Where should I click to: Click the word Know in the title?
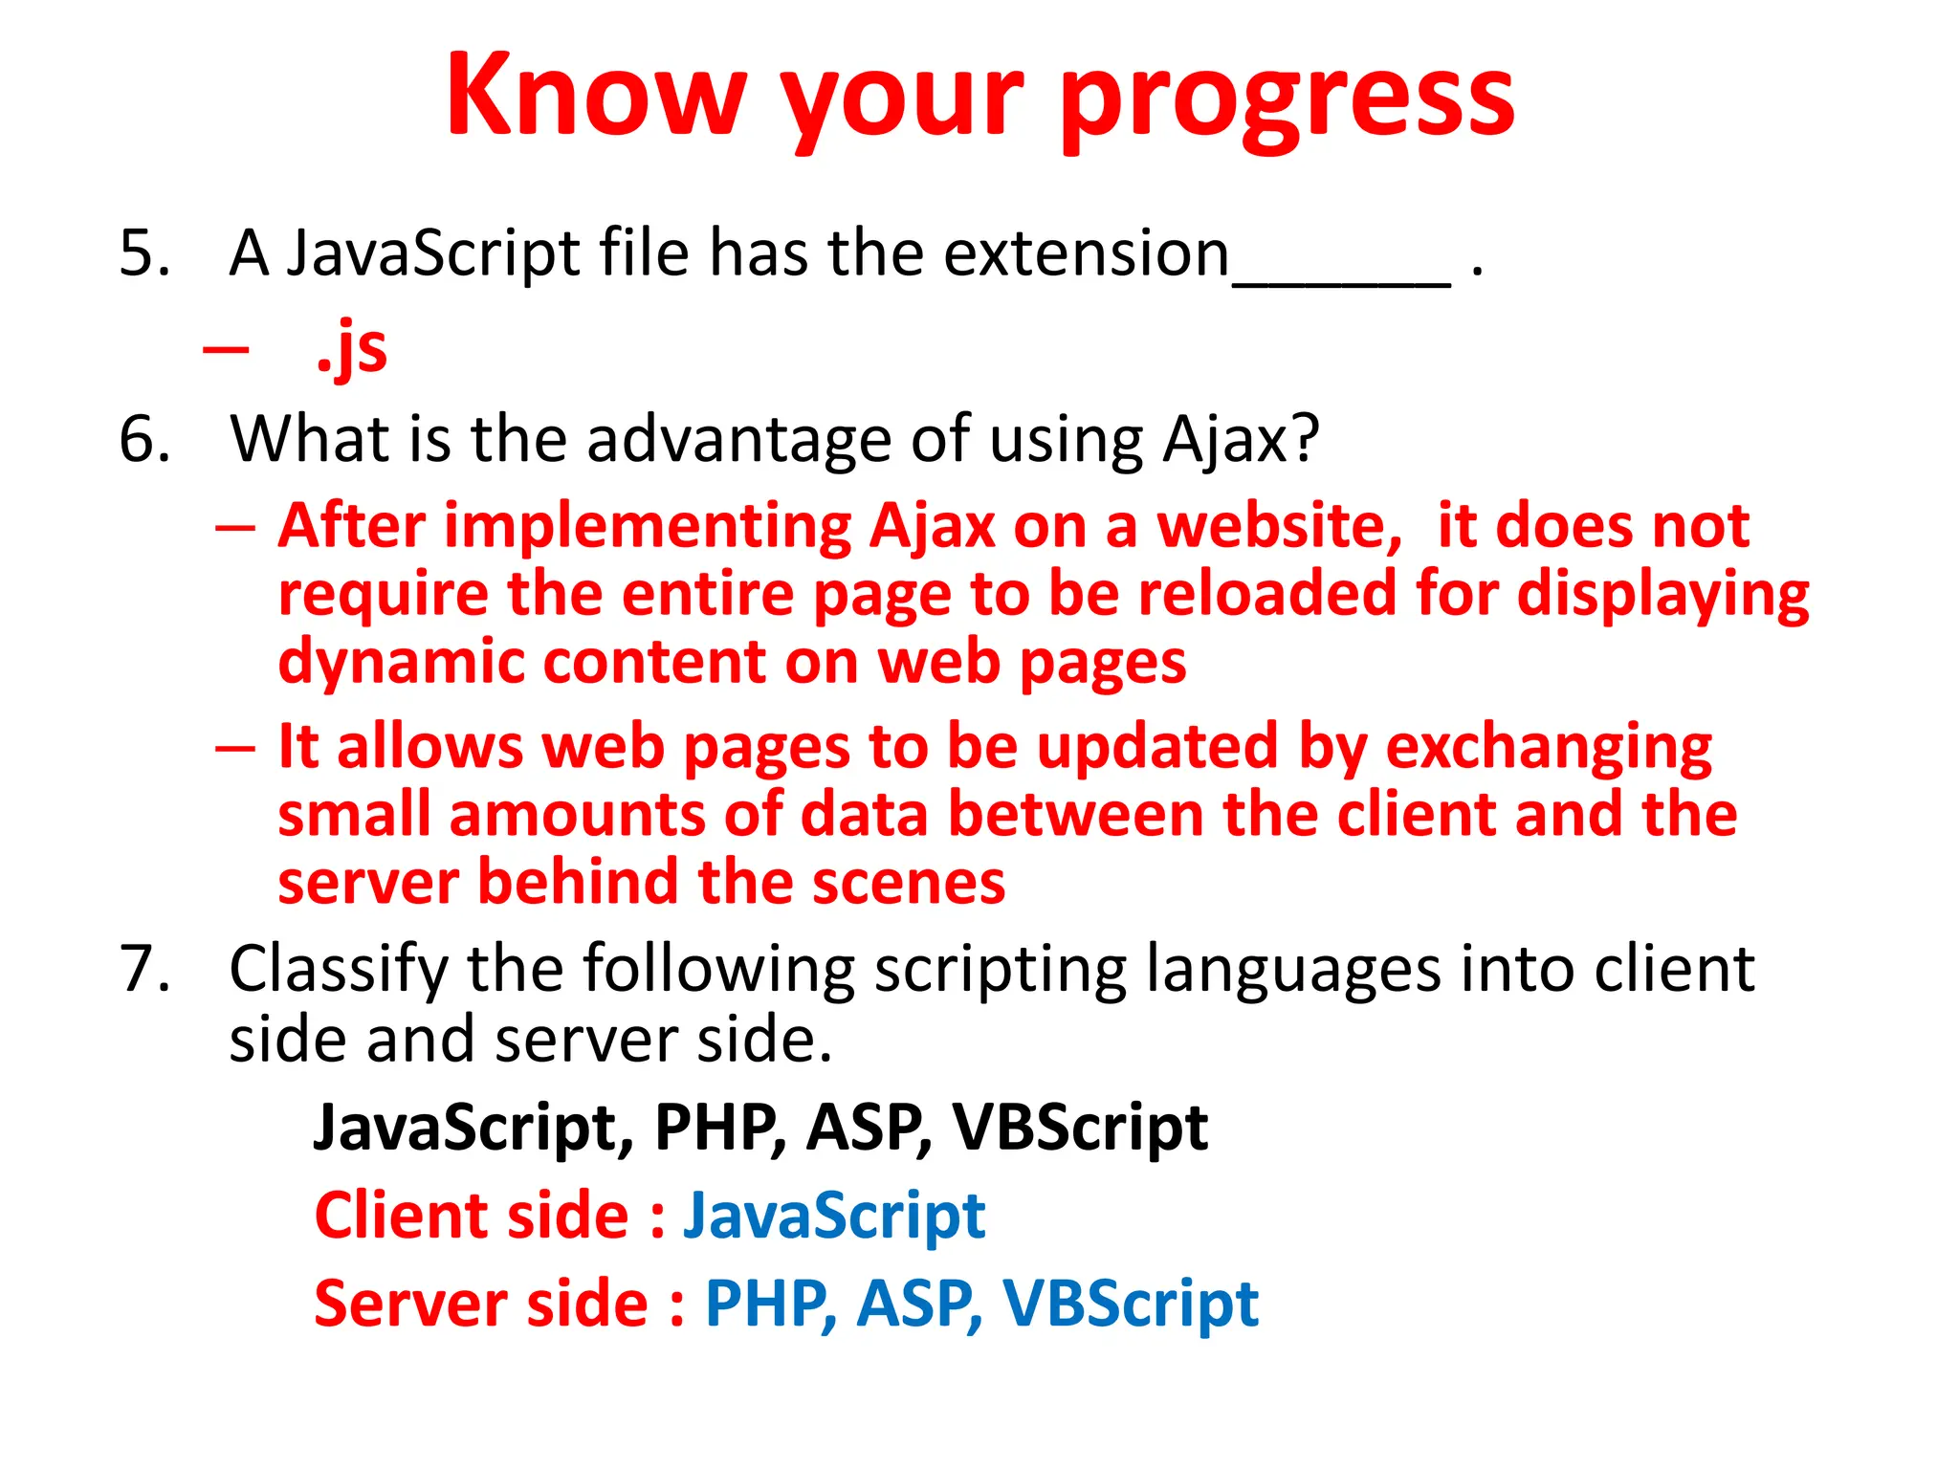[x=595, y=96]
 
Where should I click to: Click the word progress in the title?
[x=1287, y=99]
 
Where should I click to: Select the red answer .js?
[x=352, y=349]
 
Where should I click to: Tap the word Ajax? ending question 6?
[x=1241, y=441]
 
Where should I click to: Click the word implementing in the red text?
[x=648, y=527]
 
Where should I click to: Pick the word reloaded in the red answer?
[x=1267, y=594]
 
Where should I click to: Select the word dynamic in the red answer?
[x=401, y=663]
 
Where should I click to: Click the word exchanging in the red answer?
[x=1548, y=748]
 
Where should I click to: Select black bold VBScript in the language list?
[x=1080, y=1128]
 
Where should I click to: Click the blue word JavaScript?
[x=833, y=1217]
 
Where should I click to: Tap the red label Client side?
[x=472, y=1217]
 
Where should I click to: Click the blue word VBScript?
[x=1130, y=1305]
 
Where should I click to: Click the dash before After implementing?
[x=235, y=529]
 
